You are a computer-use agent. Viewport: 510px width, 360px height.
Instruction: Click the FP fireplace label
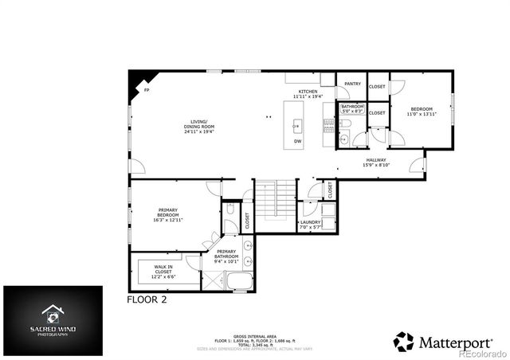(x=145, y=91)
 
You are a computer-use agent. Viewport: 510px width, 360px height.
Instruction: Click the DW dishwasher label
(x=297, y=141)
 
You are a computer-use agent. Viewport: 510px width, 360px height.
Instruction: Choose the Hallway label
(x=376, y=162)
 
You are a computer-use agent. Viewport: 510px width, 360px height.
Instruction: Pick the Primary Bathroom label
(x=227, y=256)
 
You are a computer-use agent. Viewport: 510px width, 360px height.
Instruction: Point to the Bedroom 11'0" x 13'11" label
(x=422, y=112)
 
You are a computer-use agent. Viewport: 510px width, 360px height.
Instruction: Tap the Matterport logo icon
(x=404, y=340)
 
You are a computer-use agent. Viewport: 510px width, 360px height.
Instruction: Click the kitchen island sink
(x=296, y=124)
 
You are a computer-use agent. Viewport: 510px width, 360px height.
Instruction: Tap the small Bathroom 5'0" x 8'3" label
(x=352, y=108)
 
